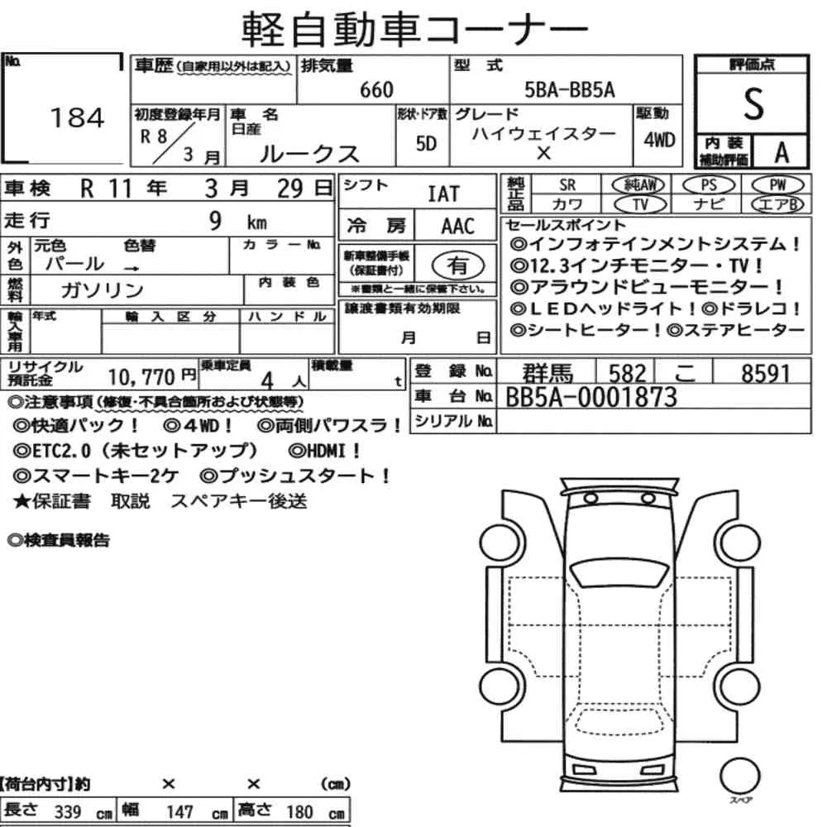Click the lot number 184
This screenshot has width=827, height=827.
tap(78, 118)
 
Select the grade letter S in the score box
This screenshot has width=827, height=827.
tap(753, 104)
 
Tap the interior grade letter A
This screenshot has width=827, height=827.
tap(780, 151)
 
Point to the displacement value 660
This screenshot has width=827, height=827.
tap(377, 90)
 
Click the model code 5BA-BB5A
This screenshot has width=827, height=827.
tap(570, 90)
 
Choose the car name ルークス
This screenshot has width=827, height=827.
tap(310, 153)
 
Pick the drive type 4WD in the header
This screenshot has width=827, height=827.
tap(659, 139)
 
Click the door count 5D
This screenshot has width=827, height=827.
tap(426, 144)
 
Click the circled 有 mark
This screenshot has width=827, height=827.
tap(457, 265)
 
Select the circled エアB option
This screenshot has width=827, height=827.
tap(777, 204)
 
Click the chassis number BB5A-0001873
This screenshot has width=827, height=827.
tap(591, 398)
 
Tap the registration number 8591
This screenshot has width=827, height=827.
tap(766, 373)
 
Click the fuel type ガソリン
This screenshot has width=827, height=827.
tap(103, 289)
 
